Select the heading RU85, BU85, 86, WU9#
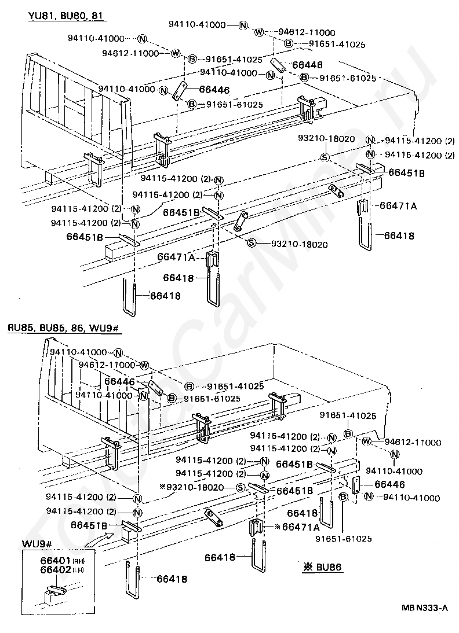tap(63, 328)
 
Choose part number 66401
tap(53, 560)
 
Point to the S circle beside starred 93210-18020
tap(239, 488)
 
